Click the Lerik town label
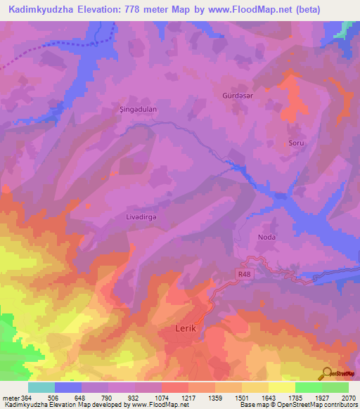tap(188, 328)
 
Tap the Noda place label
tap(267, 238)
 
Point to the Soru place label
tap(296, 143)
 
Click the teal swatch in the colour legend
tap(41, 387)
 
